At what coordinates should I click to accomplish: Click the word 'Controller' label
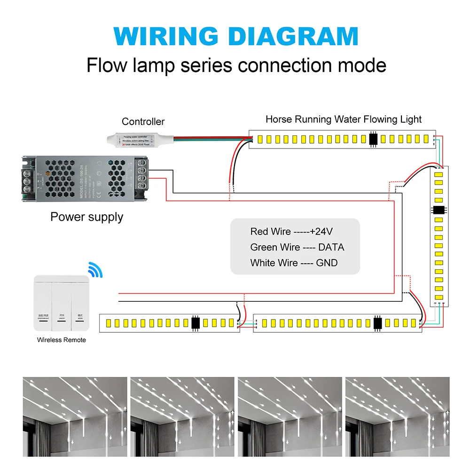(143, 122)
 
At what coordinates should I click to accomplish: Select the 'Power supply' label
(86, 217)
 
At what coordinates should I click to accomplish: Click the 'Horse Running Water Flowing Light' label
(343, 119)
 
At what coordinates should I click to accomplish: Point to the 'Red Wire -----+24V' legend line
(291, 232)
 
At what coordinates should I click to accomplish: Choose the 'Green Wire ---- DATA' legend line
(297, 247)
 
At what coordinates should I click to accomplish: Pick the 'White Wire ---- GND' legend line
(294, 263)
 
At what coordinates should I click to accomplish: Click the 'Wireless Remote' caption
(62, 340)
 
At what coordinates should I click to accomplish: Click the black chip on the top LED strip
(373, 139)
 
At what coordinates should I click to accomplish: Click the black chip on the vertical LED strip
(438, 210)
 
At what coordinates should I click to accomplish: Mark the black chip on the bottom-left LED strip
(196, 323)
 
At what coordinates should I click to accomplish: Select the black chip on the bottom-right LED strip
(377, 323)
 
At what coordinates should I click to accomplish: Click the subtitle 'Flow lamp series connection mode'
(236, 65)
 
